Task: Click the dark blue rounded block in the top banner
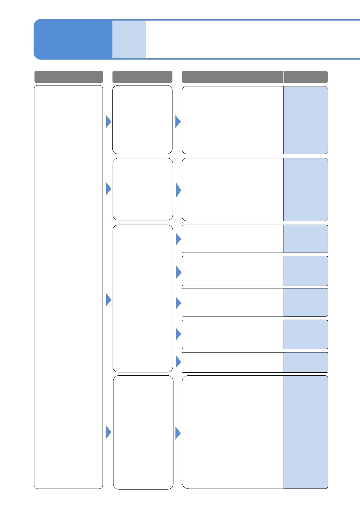coord(73,39)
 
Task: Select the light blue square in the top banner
coord(129,39)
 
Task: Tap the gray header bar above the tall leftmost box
coord(69,77)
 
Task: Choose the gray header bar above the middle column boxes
coord(142,77)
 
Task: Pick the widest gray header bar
coord(232,77)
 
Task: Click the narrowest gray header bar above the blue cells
coord(306,77)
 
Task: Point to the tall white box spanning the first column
coord(68,287)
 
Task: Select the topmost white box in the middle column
coord(142,120)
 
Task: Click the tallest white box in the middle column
coord(143,298)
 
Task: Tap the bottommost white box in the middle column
coord(143,432)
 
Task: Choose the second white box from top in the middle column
coord(143,189)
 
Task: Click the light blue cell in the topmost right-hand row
coord(306,120)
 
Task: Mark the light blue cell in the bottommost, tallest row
coord(306,432)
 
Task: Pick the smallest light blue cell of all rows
coord(306,362)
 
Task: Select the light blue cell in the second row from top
coord(306,190)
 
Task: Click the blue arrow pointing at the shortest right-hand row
coord(178,361)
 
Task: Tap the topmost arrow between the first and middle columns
coord(109,122)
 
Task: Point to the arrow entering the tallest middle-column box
coord(109,300)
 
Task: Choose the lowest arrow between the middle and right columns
coord(178,433)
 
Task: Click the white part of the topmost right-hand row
coord(232,120)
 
